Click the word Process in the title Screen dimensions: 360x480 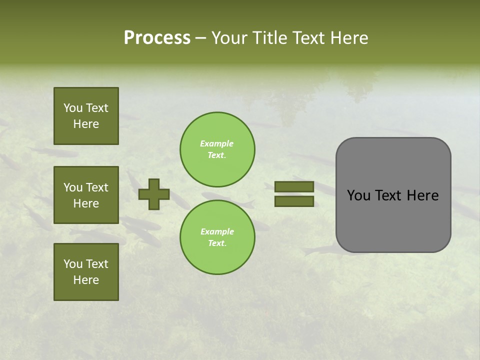[157, 38]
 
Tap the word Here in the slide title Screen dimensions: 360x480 [348, 38]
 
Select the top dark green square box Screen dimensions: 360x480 [86, 116]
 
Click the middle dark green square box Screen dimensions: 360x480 [86, 195]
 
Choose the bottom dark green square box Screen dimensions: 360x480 [86, 272]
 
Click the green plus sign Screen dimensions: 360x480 [154, 194]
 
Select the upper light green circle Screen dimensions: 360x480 [217, 149]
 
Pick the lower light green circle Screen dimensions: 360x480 [217, 237]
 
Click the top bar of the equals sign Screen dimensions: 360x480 [294, 187]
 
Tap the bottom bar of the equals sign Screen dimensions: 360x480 [294, 201]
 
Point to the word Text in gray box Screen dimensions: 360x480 [388, 195]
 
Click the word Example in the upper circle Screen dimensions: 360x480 [216, 143]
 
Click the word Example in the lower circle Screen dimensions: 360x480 [217, 231]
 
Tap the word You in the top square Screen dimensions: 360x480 [72, 108]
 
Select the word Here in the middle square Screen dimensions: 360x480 [86, 203]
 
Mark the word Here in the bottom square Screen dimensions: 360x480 [86, 280]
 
